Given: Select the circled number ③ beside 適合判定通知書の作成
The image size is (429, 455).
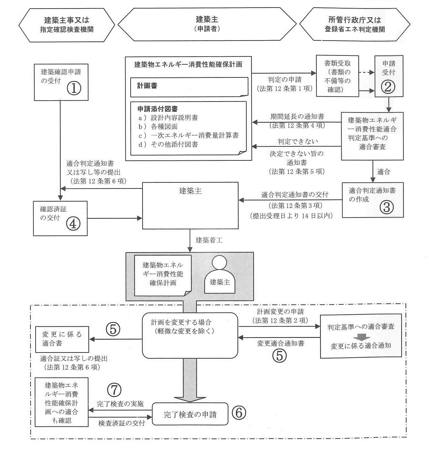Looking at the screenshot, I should click(x=387, y=207).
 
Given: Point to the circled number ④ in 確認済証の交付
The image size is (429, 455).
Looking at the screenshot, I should click(x=73, y=224).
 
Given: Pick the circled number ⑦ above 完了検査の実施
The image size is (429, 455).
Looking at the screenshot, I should click(x=114, y=389).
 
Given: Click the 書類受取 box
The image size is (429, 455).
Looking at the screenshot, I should click(x=337, y=76).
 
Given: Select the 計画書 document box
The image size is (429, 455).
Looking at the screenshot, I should click(x=189, y=87).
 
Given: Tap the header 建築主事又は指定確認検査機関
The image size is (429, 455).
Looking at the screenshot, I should click(x=67, y=25).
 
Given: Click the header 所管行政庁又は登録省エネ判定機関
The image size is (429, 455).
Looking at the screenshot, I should click(x=354, y=25).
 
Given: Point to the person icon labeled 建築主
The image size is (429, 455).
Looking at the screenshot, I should click(x=220, y=275).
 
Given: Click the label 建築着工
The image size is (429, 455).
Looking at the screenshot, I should click(x=209, y=240).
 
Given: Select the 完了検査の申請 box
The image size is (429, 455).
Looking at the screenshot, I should click(x=190, y=414).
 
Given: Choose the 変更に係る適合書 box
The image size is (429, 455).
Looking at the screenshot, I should click(x=62, y=339).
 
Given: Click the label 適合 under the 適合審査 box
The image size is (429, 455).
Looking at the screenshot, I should click(x=383, y=172).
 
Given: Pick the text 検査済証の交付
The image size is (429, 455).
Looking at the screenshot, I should click(x=121, y=423).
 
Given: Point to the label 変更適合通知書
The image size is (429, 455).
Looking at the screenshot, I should click(x=280, y=343).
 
